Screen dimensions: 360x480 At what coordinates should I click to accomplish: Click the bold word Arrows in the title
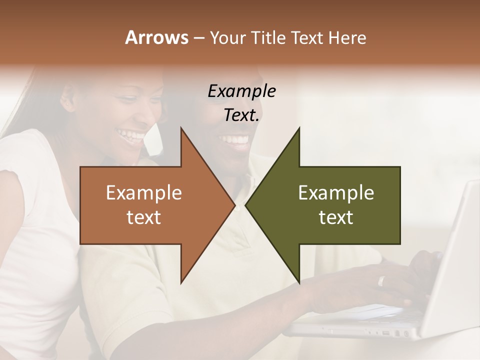click(156, 37)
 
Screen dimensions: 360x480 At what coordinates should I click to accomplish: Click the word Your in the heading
click(226, 38)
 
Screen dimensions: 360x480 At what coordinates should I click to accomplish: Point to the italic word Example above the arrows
click(241, 91)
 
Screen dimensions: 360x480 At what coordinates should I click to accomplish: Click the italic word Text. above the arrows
click(241, 115)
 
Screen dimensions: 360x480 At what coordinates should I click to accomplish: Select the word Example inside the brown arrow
click(144, 193)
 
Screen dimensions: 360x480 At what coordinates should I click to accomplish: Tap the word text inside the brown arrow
click(144, 217)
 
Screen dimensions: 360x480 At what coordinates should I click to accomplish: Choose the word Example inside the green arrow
click(336, 193)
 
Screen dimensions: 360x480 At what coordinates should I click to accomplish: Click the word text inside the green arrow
click(336, 217)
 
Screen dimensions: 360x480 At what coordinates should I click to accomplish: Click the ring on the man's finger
click(381, 281)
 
